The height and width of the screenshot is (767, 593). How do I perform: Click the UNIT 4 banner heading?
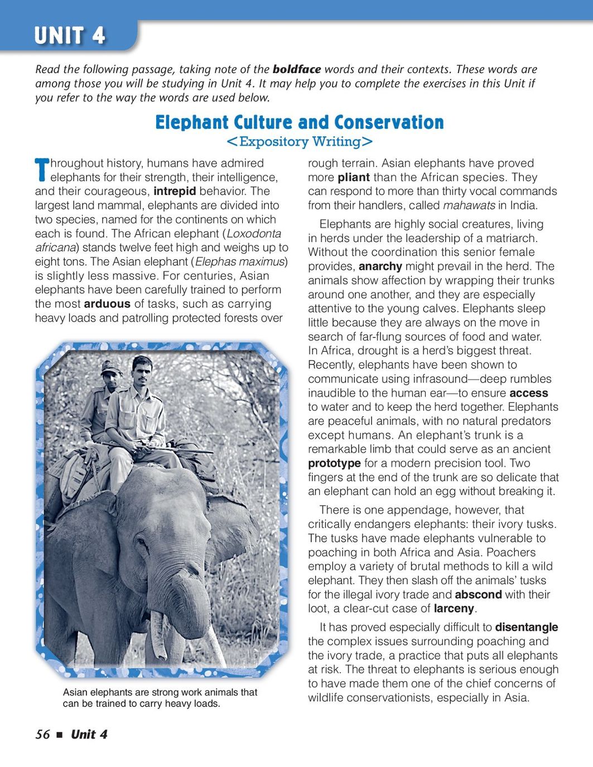70,36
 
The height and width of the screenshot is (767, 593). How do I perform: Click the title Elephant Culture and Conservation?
300,122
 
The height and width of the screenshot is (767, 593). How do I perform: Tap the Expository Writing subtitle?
300,142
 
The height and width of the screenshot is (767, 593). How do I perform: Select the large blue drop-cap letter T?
42,169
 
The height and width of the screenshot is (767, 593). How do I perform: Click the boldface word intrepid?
175,191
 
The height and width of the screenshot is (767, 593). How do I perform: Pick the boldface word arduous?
107,304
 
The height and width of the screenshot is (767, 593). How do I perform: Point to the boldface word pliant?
354,177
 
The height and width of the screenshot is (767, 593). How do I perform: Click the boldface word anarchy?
380,266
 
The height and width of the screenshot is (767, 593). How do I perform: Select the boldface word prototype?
334,463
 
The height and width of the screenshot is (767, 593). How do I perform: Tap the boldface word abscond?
478,595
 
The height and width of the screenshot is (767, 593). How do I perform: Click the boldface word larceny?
454,609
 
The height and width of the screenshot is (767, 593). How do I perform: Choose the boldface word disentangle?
526,628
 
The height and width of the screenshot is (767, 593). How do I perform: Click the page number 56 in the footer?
42,735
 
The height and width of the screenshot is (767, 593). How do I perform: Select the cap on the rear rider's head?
110,367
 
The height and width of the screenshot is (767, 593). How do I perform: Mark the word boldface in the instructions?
296,70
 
